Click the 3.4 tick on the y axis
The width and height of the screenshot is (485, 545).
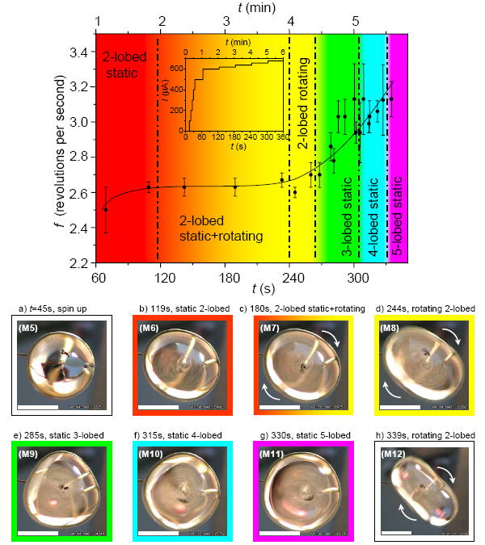pos(78,52)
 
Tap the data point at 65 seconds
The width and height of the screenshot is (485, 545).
pos(106,209)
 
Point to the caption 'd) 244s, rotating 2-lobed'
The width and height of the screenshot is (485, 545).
pos(427,308)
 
